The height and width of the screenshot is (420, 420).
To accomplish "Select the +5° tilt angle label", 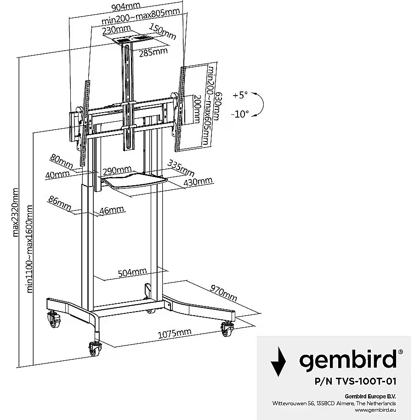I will pos(240,95).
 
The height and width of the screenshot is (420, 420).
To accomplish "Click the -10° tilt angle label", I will pos(241,113).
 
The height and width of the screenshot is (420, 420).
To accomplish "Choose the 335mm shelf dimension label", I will pos(181,168).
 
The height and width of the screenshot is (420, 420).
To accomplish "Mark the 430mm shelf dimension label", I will pos(198,182).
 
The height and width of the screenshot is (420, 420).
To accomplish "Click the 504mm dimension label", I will pos(132,272).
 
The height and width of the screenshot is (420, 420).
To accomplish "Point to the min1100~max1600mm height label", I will pos(30,248).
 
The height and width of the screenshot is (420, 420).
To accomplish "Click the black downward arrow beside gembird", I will pos(277,361).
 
